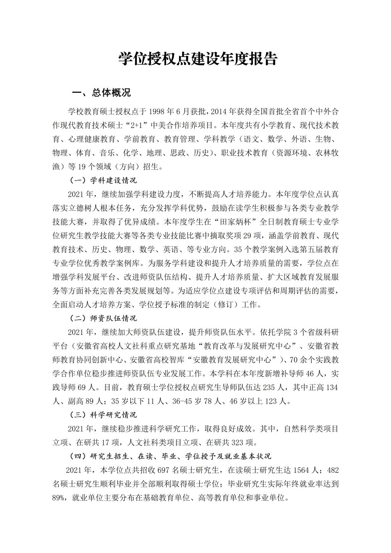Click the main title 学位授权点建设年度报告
(x=197, y=58)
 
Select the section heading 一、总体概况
(x=102, y=93)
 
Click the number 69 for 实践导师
(x=81, y=387)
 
